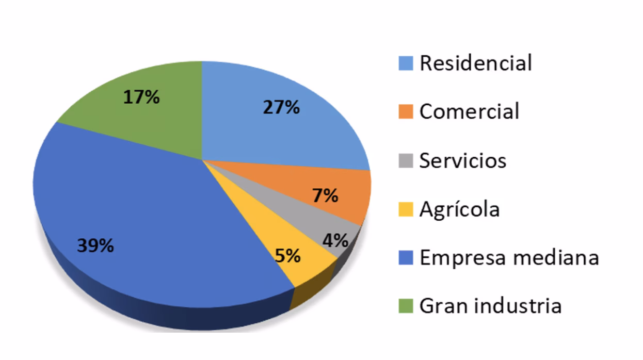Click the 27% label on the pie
[x=281, y=107]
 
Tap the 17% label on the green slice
[x=141, y=97]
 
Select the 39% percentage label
[x=95, y=246]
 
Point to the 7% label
[x=325, y=195]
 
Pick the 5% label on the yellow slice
[x=287, y=255]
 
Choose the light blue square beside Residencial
[x=406, y=63]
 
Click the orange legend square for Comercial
[x=406, y=112]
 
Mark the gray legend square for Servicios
[x=406, y=161]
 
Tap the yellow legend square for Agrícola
[x=406, y=209]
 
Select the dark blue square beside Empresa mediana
[x=406, y=258]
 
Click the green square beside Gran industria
[x=406, y=306]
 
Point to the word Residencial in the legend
[x=475, y=63]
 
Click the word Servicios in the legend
[x=462, y=160]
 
